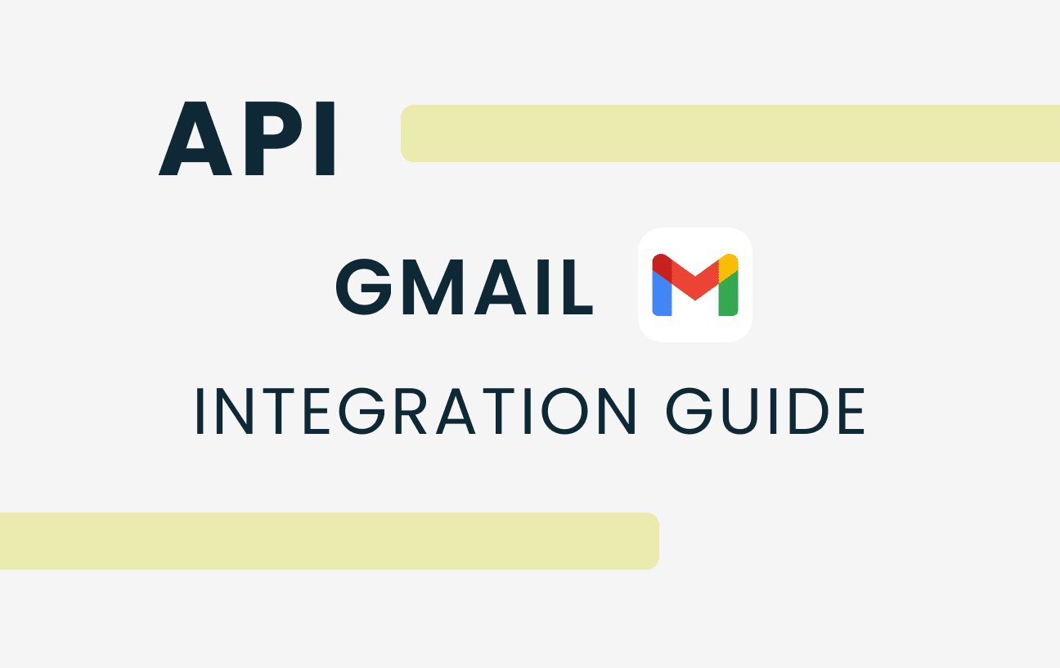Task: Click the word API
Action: click(246, 138)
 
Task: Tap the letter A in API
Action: click(195, 138)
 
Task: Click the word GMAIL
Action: click(465, 287)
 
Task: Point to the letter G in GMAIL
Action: click(363, 287)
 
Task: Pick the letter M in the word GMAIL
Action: click(433, 287)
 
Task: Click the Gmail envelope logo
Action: click(695, 285)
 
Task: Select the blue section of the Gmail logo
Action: click(662, 294)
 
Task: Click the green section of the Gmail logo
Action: click(729, 294)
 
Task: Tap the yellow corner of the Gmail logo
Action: click(729, 266)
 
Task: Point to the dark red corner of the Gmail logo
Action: click(662, 266)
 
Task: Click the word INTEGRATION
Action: click(416, 411)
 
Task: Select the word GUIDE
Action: click(766, 411)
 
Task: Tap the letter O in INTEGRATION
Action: click(565, 411)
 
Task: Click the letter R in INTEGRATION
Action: click(411, 411)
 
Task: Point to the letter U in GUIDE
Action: click(740, 411)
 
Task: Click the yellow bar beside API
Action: click(730, 133)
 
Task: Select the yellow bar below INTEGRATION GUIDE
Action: click(330, 541)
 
